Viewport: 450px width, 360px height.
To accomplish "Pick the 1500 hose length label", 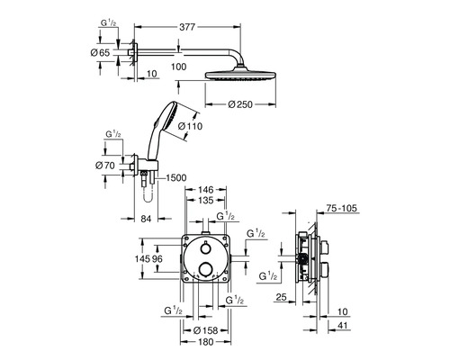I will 175,178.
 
